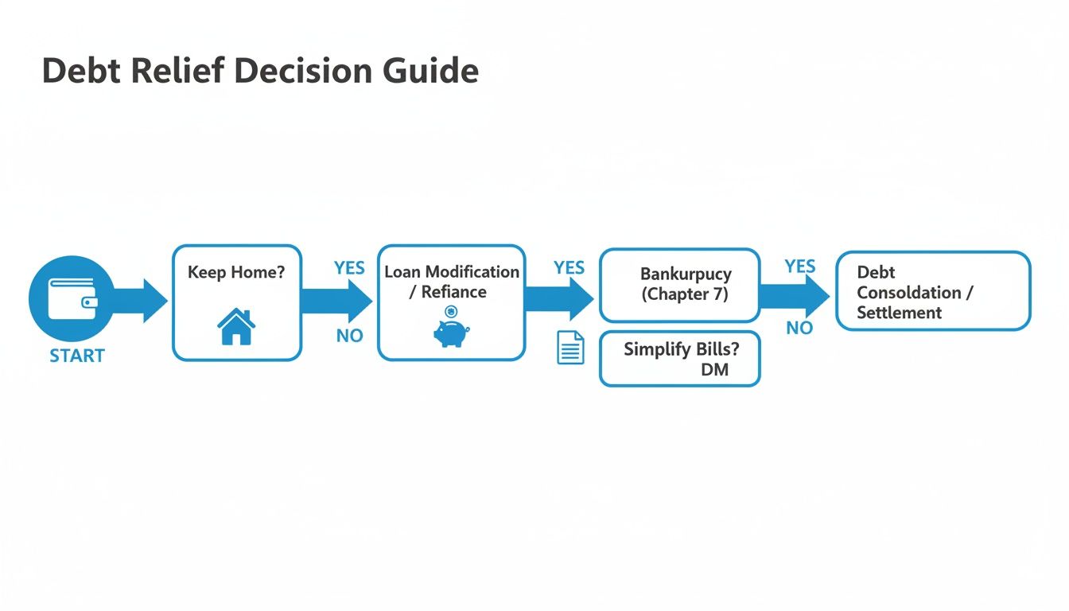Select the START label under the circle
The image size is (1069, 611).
point(77,356)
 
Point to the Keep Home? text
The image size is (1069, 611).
point(235,272)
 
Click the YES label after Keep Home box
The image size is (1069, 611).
point(349,268)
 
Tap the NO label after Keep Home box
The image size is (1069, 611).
point(349,336)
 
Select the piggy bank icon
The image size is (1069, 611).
point(451,331)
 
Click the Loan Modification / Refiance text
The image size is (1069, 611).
point(452,282)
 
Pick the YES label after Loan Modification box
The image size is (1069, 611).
point(569,268)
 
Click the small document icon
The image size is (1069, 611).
point(570,348)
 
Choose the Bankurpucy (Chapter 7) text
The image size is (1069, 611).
point(685,284)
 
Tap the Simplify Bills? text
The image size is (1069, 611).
point(681,349)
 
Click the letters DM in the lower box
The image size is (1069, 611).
point(714,370)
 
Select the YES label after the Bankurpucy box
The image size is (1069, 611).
point(799,266)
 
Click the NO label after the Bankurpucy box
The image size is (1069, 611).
point(799,328)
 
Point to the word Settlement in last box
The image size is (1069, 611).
point(899,313)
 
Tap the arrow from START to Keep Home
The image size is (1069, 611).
point(142,300)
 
